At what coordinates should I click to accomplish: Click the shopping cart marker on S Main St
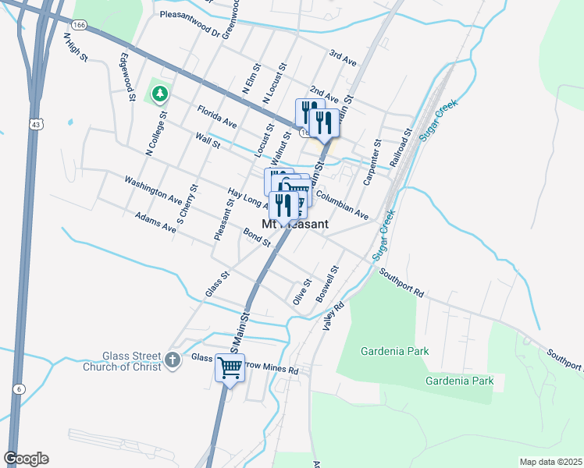(x=230, y=367)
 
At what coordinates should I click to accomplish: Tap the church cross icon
(x=173, y=360)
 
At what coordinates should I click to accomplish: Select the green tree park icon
(x=161, y=94)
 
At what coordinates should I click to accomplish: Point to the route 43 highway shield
(x=36, y=124)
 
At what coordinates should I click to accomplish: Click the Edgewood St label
(x=127, y=77)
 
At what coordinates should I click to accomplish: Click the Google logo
(x=26, y=459)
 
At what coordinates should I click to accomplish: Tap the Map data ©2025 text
(x=550, y=462)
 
